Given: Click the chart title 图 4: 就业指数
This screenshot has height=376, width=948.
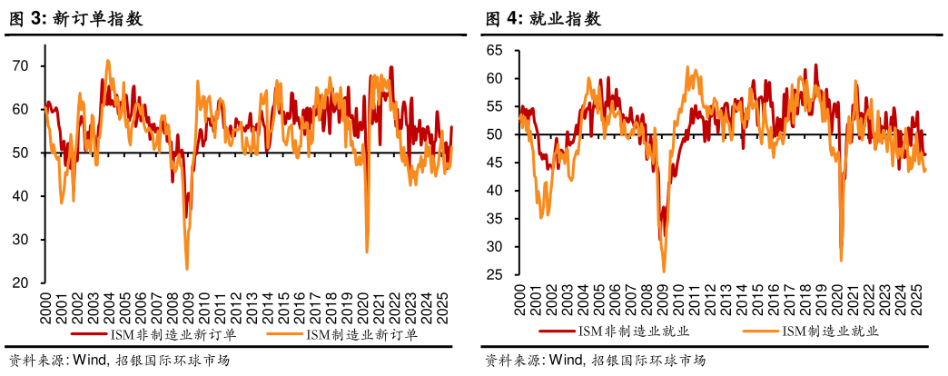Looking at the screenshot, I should click(x=543, y=19).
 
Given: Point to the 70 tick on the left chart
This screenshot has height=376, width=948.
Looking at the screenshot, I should click(x=25, y=66).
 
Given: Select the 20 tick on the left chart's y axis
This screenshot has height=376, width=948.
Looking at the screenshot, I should click(x=25, y=282).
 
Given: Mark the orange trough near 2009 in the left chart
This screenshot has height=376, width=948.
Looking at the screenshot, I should click(x=187, y=268).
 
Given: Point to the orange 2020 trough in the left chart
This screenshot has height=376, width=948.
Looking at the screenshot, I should click(x=367, y=252).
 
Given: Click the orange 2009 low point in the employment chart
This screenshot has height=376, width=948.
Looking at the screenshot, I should click(x=664, y=271).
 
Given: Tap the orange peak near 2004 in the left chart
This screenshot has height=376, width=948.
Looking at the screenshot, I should click(x=108, y=61).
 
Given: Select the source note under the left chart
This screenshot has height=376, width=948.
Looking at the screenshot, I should click(x=118, y=361).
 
